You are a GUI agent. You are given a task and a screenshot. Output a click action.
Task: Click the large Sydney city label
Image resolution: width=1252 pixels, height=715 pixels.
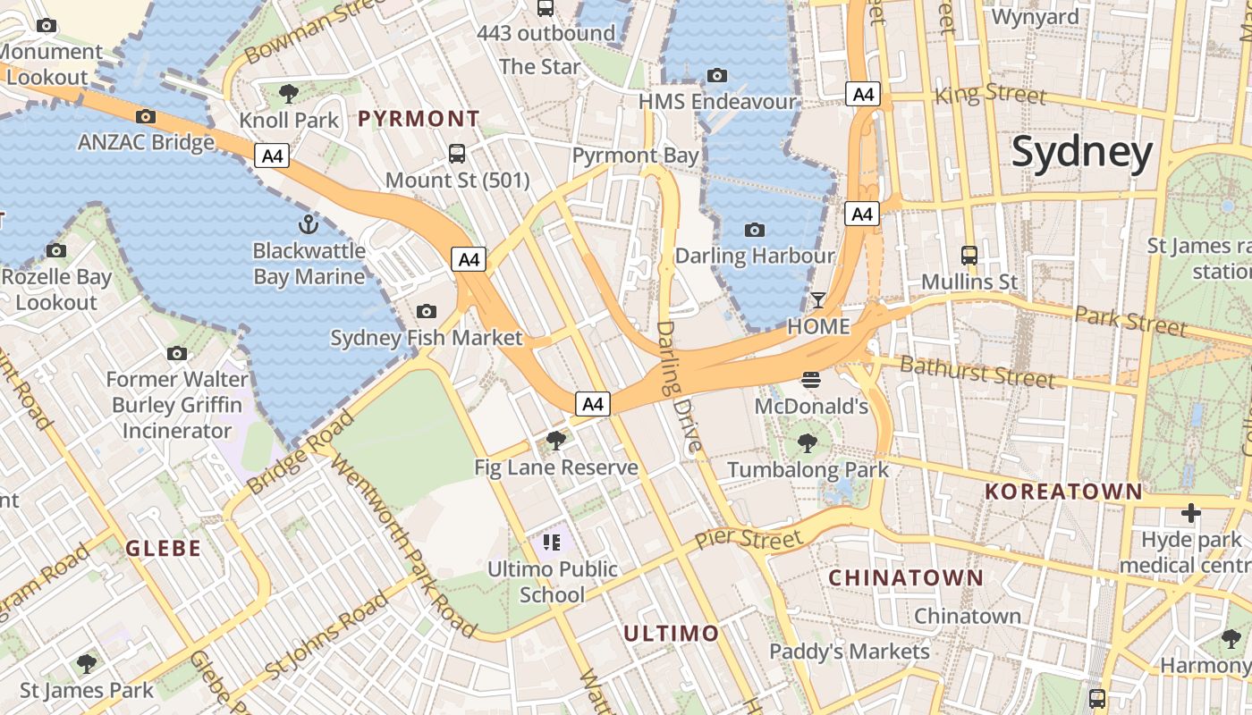pos(1082,153)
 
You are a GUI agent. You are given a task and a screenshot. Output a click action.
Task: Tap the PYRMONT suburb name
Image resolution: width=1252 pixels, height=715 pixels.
pos(419,118)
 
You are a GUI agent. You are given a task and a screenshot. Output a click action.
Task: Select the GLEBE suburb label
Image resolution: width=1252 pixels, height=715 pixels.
pos(163,548)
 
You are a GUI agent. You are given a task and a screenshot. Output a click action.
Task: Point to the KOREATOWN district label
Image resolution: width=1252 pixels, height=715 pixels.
pos(1063,491)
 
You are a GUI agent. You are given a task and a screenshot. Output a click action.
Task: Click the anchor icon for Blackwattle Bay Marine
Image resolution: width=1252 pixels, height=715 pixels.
pos(309,223)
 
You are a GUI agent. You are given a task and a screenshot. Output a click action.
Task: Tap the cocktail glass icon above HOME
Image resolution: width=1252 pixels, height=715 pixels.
pos(818,299)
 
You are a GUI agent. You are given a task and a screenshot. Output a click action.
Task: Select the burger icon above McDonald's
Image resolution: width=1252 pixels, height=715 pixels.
pos(811,380)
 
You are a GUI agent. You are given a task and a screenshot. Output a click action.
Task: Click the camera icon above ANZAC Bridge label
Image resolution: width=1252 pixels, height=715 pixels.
pos(146,116)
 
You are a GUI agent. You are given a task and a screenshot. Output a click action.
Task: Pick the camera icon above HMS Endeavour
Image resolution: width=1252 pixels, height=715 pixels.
pos(716,75)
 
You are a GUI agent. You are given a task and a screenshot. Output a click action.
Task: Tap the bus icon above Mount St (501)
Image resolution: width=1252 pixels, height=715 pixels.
pos(457,153)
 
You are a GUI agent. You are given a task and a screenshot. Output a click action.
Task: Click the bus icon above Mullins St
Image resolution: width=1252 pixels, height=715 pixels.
pos(969,255)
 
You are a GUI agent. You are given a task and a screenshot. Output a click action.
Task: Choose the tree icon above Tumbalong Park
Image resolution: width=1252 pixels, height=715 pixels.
pos(808,442)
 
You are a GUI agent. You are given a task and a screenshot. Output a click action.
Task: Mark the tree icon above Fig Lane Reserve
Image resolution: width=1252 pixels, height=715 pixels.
pos(555,440)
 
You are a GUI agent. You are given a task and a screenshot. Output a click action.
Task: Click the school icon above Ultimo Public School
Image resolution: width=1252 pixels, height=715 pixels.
pos(551,542)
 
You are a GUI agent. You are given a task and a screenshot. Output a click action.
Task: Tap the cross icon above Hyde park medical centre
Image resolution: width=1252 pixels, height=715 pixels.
pos(1190,513)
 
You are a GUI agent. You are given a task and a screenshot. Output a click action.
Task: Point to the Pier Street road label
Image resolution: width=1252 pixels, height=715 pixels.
pos(749,539)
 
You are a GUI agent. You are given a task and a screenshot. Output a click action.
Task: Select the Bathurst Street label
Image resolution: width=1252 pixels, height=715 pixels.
pos(977,371)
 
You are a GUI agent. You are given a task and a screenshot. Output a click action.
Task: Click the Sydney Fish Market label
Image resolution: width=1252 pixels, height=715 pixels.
pos(427,338)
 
